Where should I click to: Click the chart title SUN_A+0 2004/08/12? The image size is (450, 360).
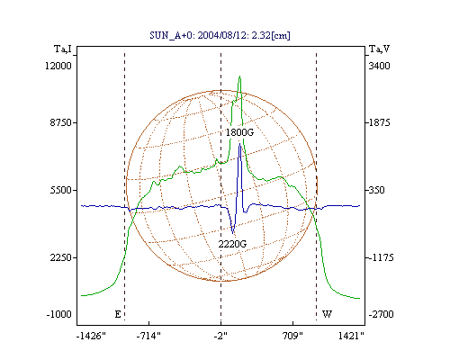220,35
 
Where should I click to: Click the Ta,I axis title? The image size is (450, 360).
63,49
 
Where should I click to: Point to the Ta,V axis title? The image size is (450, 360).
379,49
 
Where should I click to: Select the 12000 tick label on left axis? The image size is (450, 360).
58,66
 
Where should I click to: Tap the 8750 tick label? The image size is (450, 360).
60,122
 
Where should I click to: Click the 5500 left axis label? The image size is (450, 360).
60,190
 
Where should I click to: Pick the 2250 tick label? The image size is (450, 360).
60,257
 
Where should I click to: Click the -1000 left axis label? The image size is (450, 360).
59,314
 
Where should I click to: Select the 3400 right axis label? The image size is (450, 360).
379,66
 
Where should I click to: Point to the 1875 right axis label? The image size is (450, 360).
379,122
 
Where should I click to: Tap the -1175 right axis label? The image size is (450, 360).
381,257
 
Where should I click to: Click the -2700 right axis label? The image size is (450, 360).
381,314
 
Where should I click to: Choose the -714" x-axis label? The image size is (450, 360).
148,336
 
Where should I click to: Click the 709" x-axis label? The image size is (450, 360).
292,336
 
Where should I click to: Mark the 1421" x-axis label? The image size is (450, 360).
351,336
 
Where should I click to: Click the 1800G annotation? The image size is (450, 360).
239,132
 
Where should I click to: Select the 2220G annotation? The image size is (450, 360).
232,244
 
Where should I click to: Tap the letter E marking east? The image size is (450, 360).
118,314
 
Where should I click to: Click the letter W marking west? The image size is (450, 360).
327,314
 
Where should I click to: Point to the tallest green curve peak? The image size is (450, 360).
239,76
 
